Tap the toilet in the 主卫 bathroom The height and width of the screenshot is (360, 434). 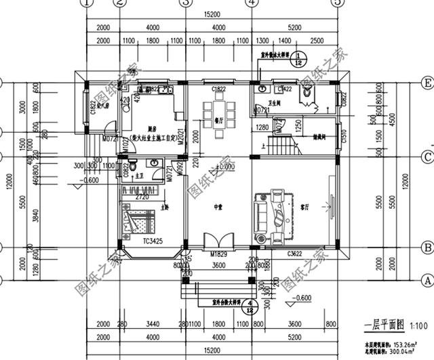134,165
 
